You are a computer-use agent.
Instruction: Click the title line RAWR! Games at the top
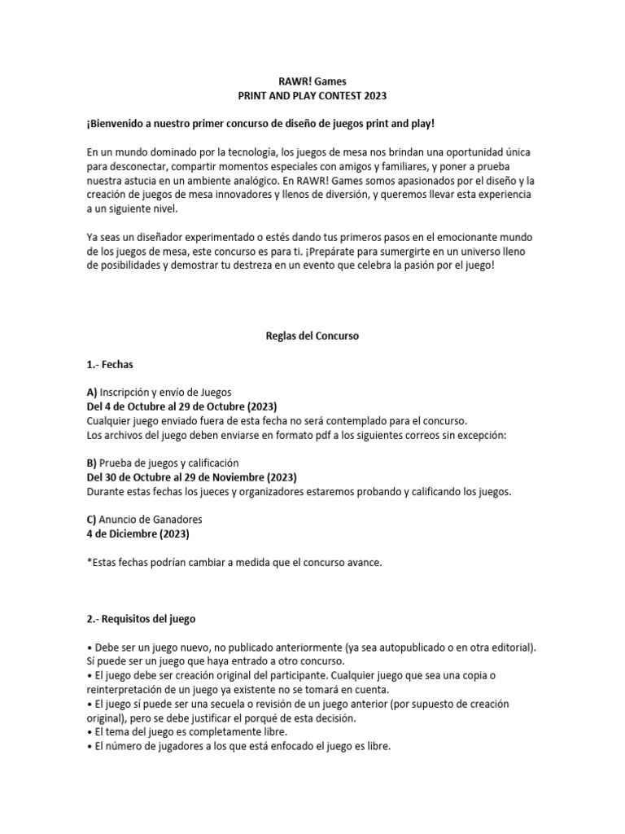coord(312,81)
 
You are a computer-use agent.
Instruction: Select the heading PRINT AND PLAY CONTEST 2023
coord(312,95)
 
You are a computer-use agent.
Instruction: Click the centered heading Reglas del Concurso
coord(312,336)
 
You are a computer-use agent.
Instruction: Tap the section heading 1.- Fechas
coord(109,364)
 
